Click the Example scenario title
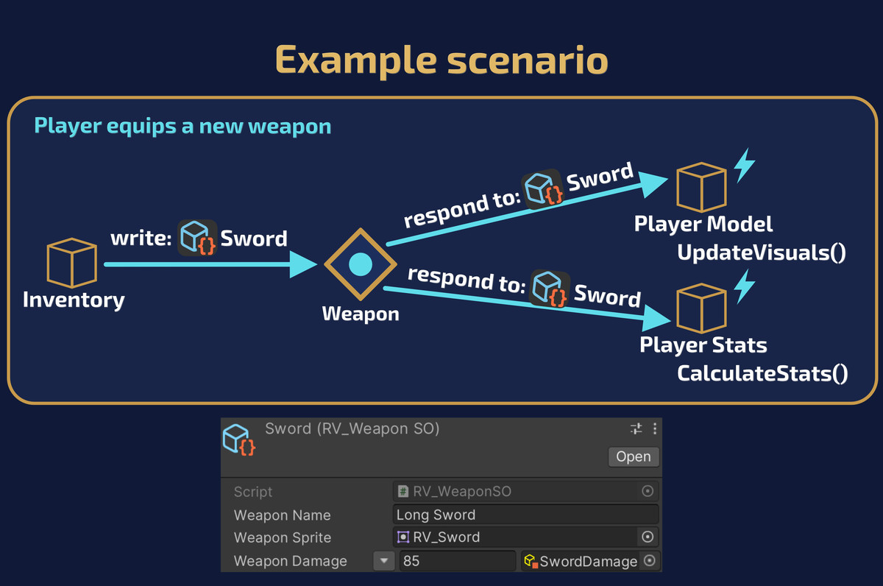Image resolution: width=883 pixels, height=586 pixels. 441,60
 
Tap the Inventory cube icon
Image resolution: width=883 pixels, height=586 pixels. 72,262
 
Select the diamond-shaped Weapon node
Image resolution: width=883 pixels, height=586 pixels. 361,264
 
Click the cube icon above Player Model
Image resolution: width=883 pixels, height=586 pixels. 701,187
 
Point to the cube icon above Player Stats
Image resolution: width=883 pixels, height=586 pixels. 701,308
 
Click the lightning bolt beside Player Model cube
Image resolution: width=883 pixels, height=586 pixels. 744,166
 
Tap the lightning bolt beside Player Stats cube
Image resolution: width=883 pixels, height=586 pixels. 744,286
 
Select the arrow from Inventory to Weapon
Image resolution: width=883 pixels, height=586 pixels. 211,264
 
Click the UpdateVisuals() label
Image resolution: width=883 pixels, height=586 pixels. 762,253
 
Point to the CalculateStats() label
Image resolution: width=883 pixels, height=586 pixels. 762,373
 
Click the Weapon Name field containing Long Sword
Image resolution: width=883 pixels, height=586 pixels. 525,515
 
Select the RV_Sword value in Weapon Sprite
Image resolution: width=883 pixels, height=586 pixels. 446,537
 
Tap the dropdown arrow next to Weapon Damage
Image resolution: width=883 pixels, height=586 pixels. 384,561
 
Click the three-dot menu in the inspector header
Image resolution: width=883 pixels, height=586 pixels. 655,428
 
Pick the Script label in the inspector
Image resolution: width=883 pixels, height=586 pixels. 252,492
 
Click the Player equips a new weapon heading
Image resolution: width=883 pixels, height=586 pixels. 182,127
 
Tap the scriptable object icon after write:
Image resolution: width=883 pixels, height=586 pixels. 197,238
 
